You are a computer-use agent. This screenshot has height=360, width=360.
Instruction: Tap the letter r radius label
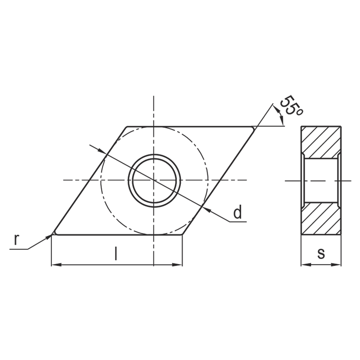[x=16, y=240]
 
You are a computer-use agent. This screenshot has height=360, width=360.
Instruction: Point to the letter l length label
[x=116, y=253]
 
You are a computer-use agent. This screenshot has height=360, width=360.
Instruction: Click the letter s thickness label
[x=321, y=254]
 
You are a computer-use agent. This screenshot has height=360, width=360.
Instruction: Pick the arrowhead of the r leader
[x=48, y=237]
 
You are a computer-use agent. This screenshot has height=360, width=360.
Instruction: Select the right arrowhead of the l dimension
[x=177, y=265]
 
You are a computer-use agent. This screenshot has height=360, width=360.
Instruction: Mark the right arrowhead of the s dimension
[x=336, y=265]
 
